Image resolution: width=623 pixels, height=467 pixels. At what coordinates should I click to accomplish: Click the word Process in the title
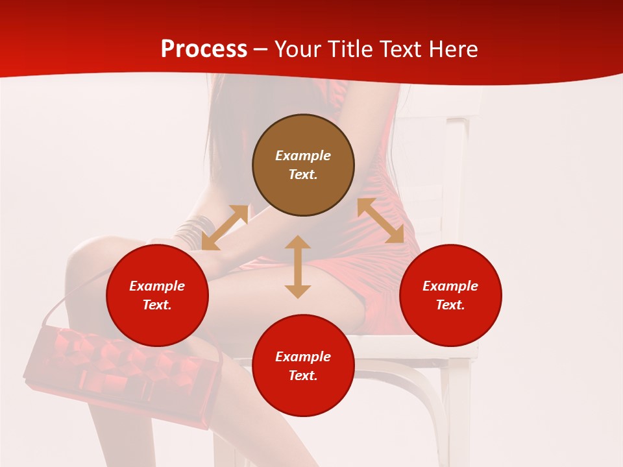click(x=204, y=49)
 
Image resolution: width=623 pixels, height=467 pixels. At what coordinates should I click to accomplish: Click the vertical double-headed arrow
click(x=298, y=267)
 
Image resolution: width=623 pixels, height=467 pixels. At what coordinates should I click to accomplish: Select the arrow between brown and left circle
click(x=225, y=227)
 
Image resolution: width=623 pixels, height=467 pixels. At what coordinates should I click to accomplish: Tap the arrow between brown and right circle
click(x=380, y=221)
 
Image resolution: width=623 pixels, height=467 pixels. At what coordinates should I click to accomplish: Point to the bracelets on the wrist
click(x=193, y=232)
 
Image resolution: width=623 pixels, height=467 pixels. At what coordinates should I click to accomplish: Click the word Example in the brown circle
click(x=303, y=156)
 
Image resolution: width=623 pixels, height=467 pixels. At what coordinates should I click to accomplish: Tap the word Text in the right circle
click(x=450, y=305)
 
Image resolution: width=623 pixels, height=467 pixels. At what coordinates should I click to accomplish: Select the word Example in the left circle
click(x=157, y=286)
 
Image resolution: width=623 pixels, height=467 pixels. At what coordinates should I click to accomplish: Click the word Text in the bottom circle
click(x=303, y=376)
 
